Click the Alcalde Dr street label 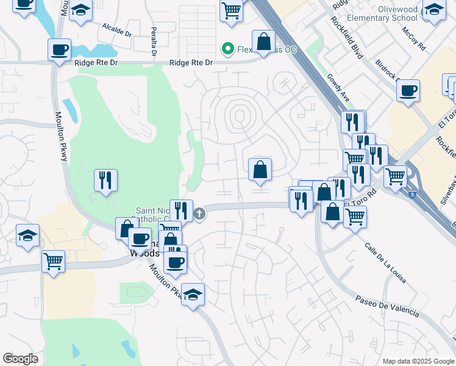click(117, 30)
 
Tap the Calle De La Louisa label click(386, 264)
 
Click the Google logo click(20, 359)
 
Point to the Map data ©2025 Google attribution click(418, 361)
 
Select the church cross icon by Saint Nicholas click(200, 213)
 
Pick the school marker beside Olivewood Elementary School click(434, 10)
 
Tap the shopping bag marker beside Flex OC click(264, 43)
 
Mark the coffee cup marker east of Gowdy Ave click(408, 90)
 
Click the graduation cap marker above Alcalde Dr click(80, 11)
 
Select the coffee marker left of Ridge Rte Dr click(60, 50)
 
